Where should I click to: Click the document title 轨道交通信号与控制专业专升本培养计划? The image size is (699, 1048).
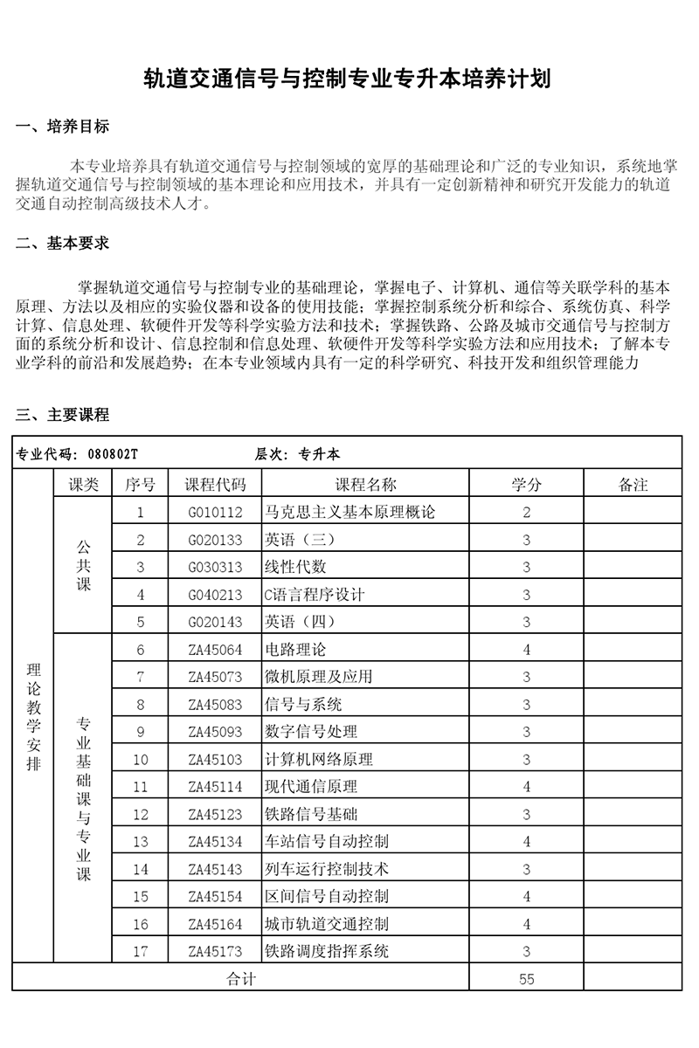[x=349, y=81]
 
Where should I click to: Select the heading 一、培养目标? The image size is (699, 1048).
[x=63, y=128]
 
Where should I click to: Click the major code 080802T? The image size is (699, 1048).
[x=114, y=454]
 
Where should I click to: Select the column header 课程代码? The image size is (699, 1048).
[x=216, y=485]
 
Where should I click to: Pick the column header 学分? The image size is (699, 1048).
[x=526, y=485]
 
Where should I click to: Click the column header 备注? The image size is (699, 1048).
[x=633, y=485]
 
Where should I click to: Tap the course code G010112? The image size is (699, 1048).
[x=216, y=513]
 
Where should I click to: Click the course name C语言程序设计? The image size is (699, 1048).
[x=314, y=595]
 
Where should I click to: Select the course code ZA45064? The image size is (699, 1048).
[x=216, y=650]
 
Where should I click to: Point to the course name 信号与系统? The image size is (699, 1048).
[x=303, y=705]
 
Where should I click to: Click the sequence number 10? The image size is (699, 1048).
[x=141, y=760]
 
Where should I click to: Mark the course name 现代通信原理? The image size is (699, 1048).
[x=311, y=787]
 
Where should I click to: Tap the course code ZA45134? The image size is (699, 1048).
[x=216, y=842]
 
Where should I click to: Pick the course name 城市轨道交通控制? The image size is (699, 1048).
[x=327, y=924]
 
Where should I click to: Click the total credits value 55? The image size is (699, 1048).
[x=526, y=979]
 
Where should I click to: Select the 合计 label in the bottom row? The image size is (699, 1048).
[x=240, y=979]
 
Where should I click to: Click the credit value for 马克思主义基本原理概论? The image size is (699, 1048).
[x=526, y=513]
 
